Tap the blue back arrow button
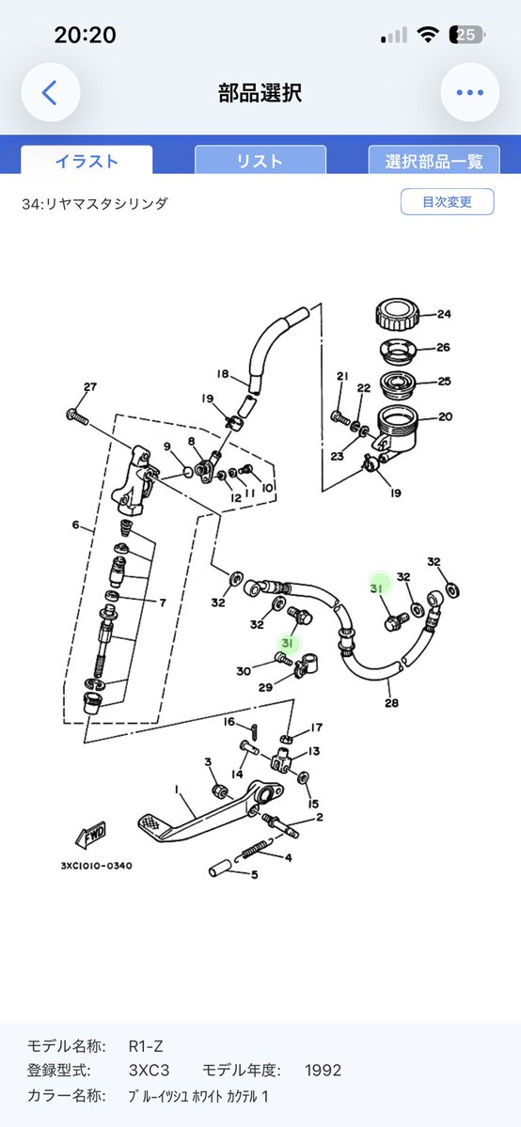tap(50, 93)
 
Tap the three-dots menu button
tap(470, 93)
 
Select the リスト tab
tap(260, 161)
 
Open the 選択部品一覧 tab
tap(434, 161)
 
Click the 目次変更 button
tap(447, 202)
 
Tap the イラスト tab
tap(87, 161)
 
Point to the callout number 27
tap(89, 387)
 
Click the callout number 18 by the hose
tap(222, 374)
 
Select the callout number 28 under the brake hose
tap(391, 703)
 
